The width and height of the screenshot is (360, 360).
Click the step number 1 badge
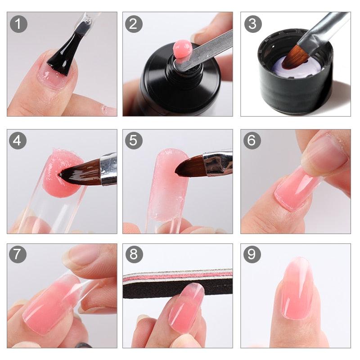18,24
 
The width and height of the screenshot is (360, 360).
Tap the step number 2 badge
133,24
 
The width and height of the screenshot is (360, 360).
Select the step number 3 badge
252,24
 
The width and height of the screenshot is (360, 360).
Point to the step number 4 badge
18,140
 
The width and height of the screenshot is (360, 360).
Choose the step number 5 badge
133,140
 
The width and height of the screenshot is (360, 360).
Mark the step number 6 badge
252,140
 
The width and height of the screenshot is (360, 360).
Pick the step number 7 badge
18,255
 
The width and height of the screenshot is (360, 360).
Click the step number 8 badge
133,255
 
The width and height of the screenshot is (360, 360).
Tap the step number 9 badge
252,255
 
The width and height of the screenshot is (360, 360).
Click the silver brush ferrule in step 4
108,169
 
